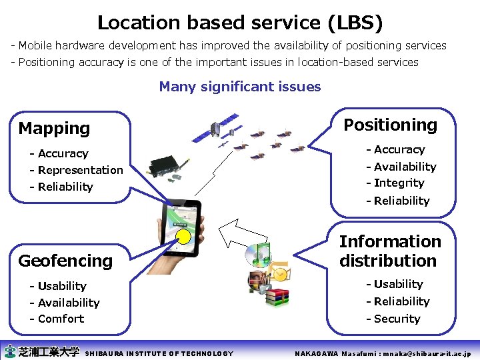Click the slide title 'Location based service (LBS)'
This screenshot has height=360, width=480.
(x=240, y=23)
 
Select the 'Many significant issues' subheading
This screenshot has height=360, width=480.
(x=240, y=87)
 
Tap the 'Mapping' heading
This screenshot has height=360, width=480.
(x=54, y=128)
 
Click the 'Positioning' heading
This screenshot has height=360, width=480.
(x=390, y=125)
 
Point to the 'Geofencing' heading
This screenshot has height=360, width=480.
(x=65, y=261)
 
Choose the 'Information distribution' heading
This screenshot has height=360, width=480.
(x=390, y=251)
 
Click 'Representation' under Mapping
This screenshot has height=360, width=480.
(x=77, y=170)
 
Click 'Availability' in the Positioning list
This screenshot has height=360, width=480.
(x=401, y=167)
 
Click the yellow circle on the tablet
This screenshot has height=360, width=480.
(x=182, y=236)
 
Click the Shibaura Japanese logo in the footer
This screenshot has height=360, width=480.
(x=41, y=351)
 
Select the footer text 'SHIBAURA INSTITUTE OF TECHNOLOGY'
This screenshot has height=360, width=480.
(x=160, y=353)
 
